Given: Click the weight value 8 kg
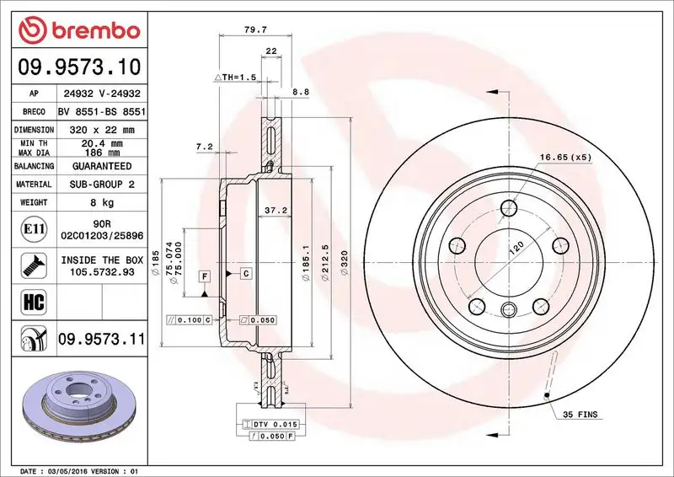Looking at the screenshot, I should coord(103,202).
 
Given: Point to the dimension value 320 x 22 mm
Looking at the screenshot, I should coord(102,130).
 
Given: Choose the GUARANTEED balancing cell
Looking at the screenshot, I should coord(102,166).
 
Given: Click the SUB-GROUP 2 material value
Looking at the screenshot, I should coord(102,184).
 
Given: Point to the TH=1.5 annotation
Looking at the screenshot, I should coord(235,77).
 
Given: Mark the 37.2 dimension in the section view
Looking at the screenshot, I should coord(272,211).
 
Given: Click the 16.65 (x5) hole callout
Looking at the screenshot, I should coord(564,157).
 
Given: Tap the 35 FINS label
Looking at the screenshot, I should coord(580,415).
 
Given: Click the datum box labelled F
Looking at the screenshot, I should coord(204,276).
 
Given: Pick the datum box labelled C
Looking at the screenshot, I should coord(245,273).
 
